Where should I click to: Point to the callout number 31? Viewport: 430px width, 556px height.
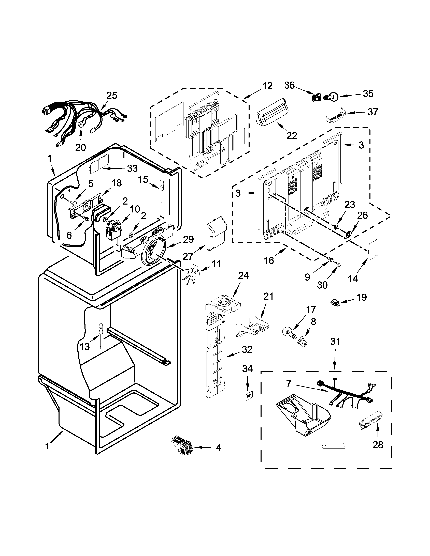tap(335, 341)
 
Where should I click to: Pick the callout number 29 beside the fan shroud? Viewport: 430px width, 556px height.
tap(188, 239)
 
